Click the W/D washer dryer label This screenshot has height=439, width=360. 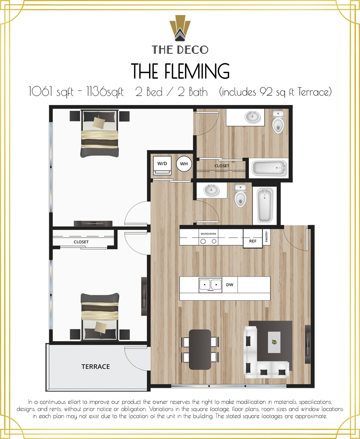click(162, 164)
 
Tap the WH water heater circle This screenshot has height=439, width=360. click(184, 164)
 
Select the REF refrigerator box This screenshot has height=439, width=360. click(253, 241)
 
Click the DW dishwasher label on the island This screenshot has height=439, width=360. click(229, 285)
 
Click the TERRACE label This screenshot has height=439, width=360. click(95, 367)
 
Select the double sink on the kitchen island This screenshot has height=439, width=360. click(210, 285)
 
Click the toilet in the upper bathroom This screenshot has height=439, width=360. click(278, 122)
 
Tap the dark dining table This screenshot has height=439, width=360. click(200, 349)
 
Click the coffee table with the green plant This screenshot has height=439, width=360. click(274, 342)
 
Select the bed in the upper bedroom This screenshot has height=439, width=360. click(100, 134)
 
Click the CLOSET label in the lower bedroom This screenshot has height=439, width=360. click(81, 242)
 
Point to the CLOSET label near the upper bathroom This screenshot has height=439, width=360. click(222, 166)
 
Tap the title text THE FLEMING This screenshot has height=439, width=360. click(180, 71)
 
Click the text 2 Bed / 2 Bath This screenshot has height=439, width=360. click(171, 92)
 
